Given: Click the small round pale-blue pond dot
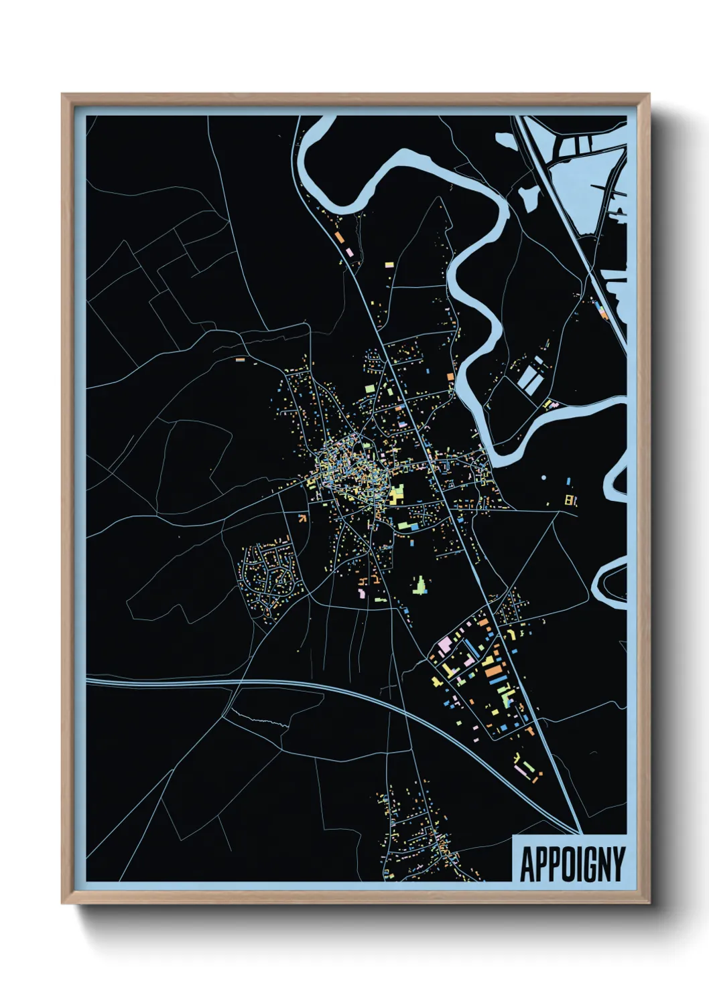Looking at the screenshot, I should [x=543, y=478].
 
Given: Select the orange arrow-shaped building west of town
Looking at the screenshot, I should [x=302, y=517].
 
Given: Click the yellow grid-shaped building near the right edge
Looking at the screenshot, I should [x=571, y=500].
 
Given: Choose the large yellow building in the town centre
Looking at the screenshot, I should [x=397, y=493].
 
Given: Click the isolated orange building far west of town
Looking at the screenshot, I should [x=241, y=360].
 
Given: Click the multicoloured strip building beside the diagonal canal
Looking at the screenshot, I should [x=601, y=309].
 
